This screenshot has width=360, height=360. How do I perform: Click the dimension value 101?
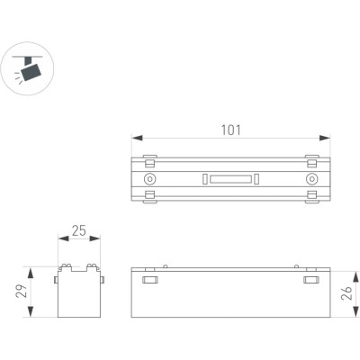[x=230, y=130]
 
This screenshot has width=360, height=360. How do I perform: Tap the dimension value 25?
[x=79, y=230]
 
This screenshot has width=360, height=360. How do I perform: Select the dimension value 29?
[x=22, y=291]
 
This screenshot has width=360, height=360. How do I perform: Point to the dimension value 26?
[x=346, y=293]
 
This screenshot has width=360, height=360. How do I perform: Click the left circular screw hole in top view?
[x=149, y=179]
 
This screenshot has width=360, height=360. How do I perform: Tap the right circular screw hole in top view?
[x=312, y=179]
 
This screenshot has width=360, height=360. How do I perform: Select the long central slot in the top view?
[x=230, y=179]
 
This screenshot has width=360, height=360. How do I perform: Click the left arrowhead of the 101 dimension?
[x=137, y=138]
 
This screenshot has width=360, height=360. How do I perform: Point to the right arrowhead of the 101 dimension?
[x=325, y=138]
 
